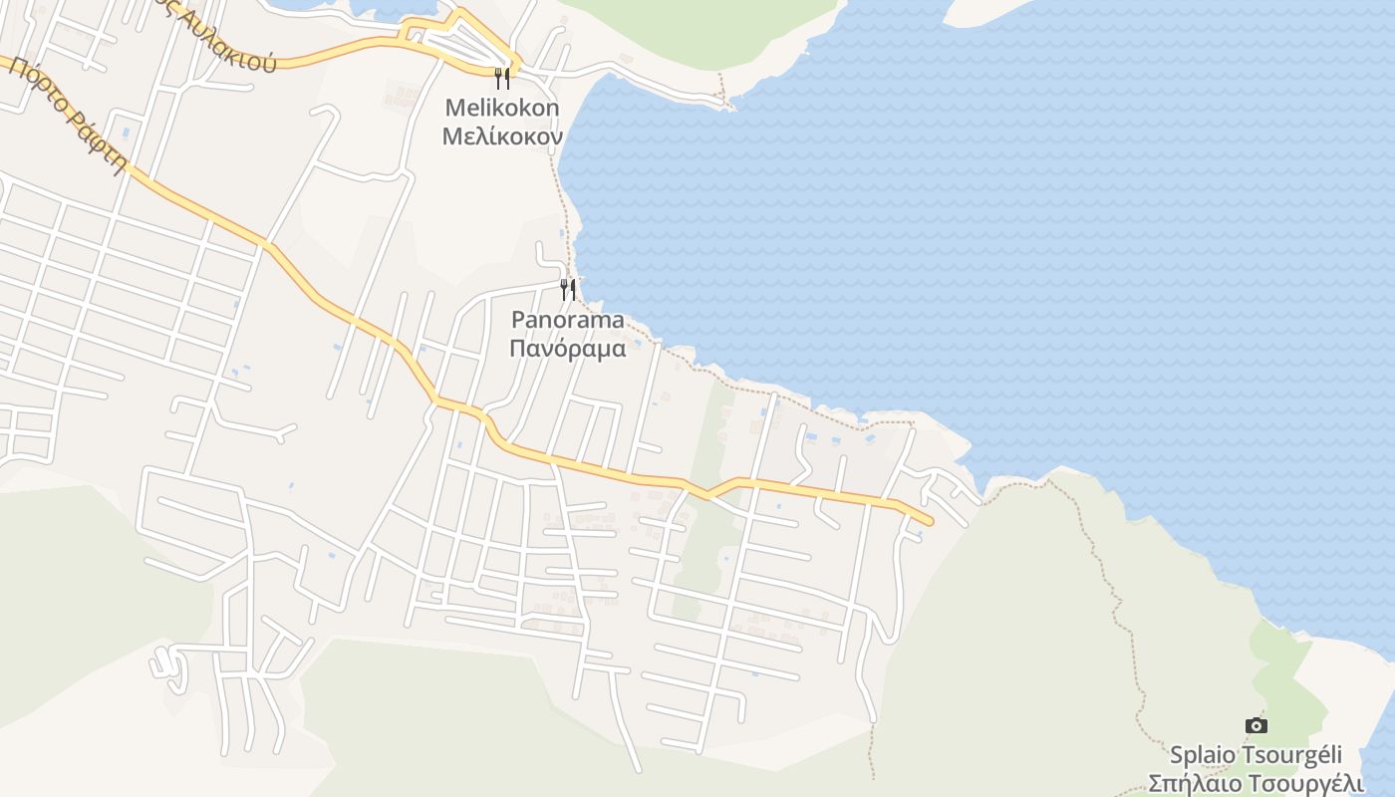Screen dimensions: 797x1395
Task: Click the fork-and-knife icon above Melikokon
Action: tap(502, 78)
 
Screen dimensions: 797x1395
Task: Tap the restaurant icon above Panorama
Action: tap(568, 290)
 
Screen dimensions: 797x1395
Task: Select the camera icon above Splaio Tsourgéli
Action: tap(1256, 725)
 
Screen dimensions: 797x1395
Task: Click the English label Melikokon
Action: tap(502, 108)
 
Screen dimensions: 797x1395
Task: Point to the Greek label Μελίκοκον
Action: tap(502, 135)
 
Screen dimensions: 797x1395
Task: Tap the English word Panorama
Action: tap(568, 320)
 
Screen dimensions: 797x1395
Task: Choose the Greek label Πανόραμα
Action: tap(568, 349)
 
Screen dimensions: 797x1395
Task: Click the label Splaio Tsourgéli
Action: tap(1256, 754)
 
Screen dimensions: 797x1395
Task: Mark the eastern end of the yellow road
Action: tap(929, 520)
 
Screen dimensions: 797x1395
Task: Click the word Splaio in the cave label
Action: tap(1200, 755)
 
